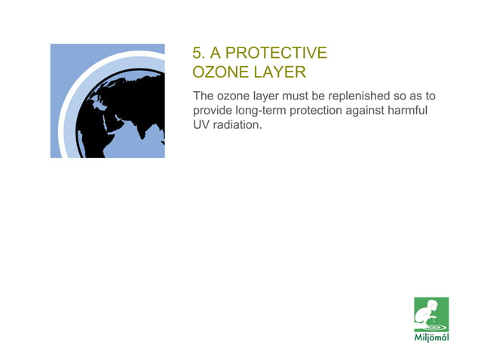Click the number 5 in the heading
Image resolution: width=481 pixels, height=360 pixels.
pyautogui.click(x=198, y=53)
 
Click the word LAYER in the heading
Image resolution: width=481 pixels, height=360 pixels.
pyautogui.click(x=279, y=72)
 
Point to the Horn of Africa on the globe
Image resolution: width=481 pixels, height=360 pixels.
pyautogui.click(x=121, y=143)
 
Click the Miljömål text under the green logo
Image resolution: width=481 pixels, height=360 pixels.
pyautogui.click(x=432, y=337)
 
